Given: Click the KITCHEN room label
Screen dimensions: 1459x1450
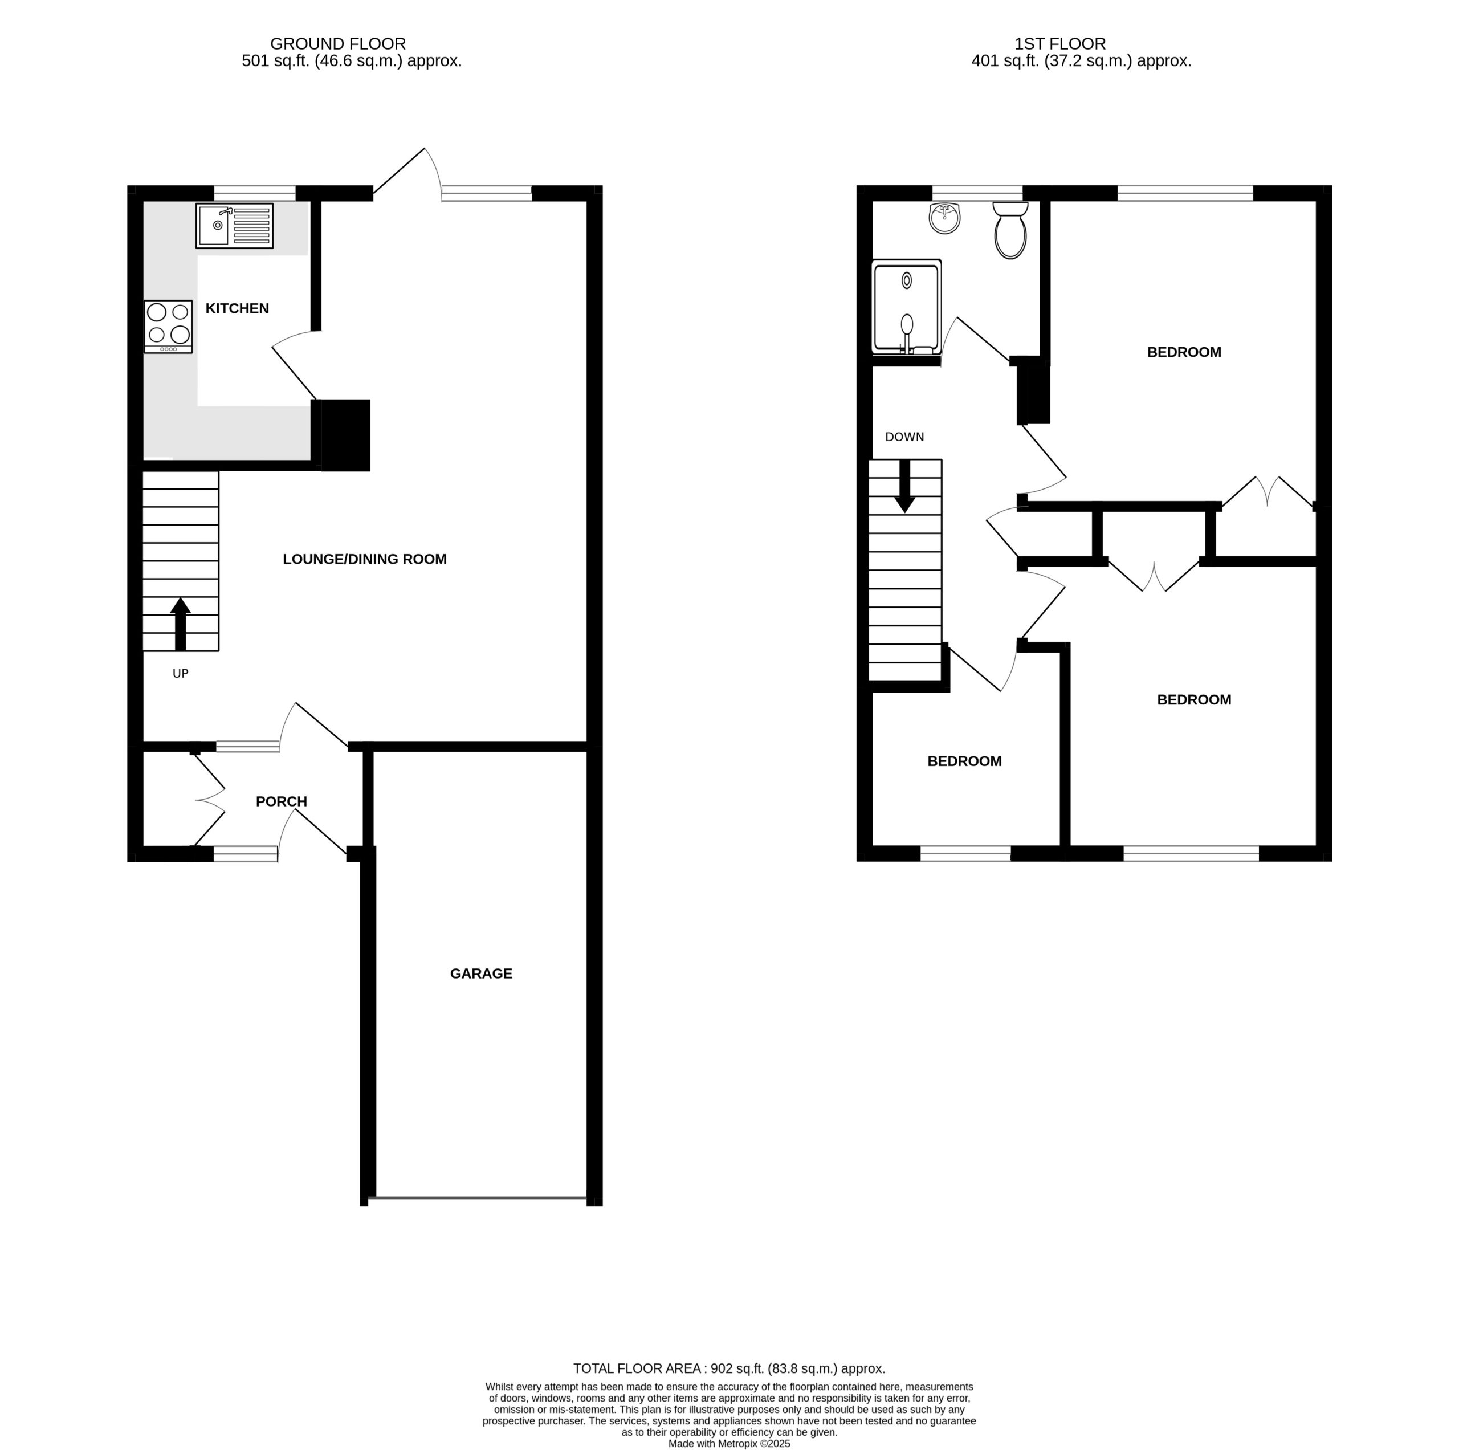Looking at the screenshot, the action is [x=238, y=309].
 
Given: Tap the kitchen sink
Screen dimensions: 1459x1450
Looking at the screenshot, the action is [x=235, y=226].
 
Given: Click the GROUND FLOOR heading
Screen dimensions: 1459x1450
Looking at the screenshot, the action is [x=339, y=44].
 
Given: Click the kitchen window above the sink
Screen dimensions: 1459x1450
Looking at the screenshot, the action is [x=255, y=193].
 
